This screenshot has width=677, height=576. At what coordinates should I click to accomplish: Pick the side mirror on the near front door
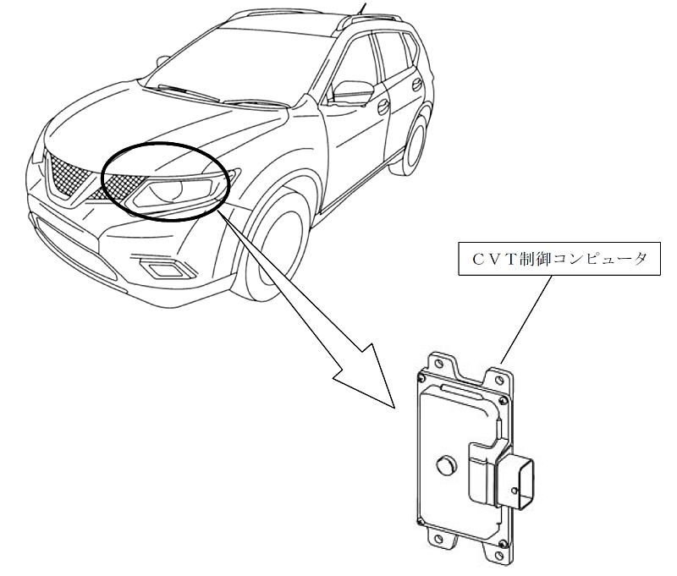coord(352,91)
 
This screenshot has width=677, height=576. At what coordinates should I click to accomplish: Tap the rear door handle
coord(418,85)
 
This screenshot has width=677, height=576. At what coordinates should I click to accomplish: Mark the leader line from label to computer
coord(526,319)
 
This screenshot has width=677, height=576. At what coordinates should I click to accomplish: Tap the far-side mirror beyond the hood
coord(162,59)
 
